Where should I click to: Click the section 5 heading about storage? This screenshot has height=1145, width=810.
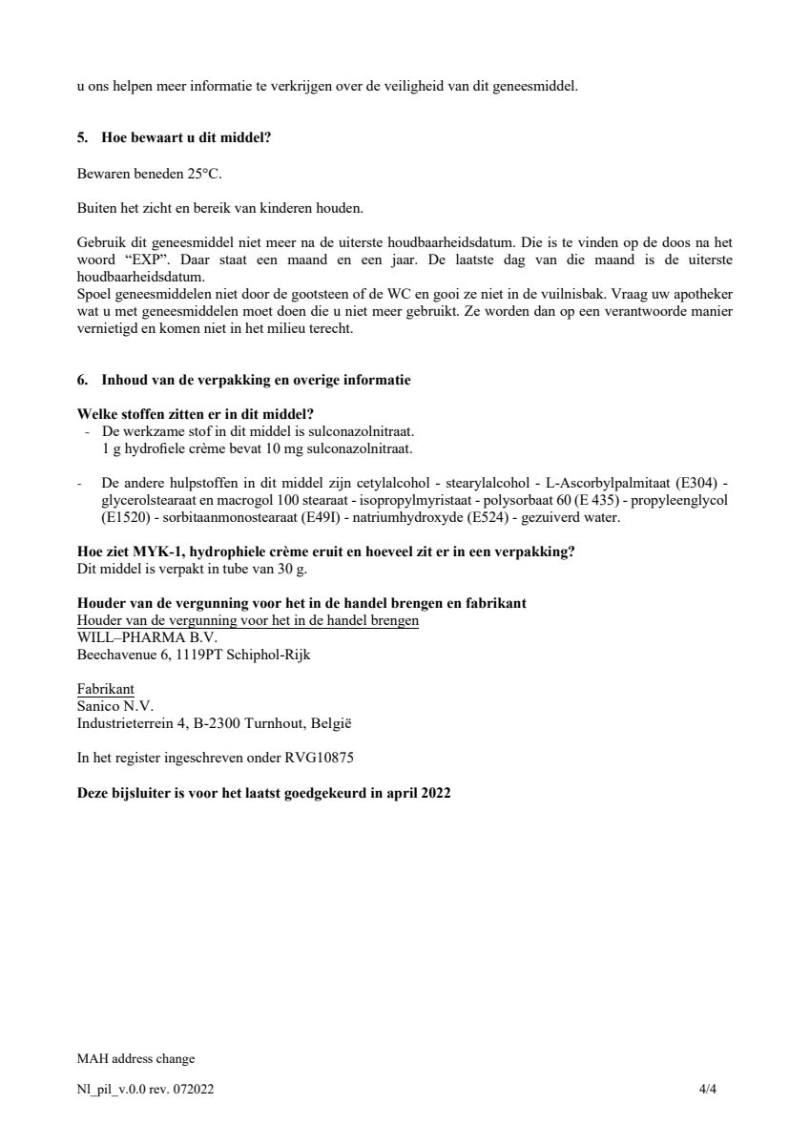(175, 138)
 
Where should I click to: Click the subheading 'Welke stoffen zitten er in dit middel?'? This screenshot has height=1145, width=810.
(196, 414)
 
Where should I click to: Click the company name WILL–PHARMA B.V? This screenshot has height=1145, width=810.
(147, 637)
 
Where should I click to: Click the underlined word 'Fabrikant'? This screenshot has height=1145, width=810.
(105, 689)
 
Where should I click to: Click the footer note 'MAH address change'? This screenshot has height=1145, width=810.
(135, 1058)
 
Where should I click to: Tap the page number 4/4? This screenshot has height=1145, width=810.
(707, 1089)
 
